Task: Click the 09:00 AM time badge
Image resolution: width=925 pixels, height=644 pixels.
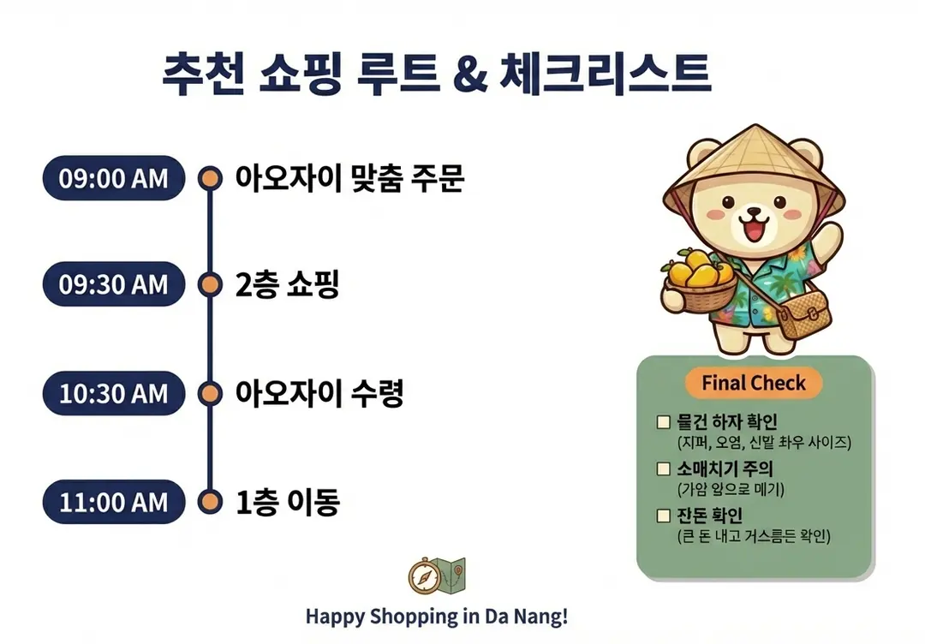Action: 114,178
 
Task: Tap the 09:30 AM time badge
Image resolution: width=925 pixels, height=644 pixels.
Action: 114,284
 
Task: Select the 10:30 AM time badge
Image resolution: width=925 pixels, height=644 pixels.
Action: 114,393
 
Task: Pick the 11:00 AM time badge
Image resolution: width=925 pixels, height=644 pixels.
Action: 114,502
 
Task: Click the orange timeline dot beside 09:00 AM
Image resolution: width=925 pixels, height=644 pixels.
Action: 210,178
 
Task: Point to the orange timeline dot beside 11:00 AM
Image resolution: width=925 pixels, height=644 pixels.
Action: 210,502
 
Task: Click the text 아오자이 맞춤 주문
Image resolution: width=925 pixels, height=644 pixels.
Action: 349,178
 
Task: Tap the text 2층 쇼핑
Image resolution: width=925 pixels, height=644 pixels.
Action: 287,284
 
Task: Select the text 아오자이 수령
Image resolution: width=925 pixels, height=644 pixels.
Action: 319,393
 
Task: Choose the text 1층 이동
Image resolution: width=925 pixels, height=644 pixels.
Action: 288,502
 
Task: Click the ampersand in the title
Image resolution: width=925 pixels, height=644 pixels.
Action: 471,73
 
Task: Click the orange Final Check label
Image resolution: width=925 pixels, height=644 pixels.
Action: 754,383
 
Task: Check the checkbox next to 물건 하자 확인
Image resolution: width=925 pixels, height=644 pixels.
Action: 664,422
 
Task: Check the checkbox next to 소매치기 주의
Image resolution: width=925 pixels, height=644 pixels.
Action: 664,468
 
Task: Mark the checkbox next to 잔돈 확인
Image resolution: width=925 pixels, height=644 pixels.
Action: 664,516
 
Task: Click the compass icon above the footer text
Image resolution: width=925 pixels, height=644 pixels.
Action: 424,576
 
